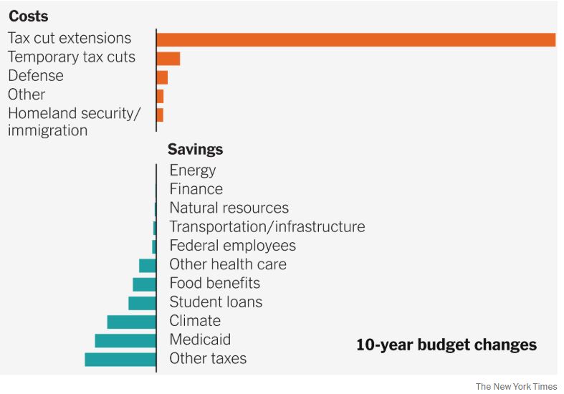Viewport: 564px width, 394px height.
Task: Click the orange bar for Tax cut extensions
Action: point(356,39)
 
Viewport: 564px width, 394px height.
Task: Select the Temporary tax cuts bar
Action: point(168,58)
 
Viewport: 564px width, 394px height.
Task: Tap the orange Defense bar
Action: point(162,77)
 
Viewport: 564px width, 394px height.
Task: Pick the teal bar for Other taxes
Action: point(120,359)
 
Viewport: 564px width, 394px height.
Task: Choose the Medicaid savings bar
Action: point(125,340)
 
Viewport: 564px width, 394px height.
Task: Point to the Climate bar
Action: point(132,322)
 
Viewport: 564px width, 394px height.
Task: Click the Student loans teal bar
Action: point(142,303)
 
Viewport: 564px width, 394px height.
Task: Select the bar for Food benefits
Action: point(144,284)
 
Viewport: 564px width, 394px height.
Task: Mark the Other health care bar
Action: point(148,266)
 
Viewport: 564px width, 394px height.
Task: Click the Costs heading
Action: point(29,16)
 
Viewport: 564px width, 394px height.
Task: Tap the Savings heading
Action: point(195,150)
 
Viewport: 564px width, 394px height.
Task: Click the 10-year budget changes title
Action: point(446,345)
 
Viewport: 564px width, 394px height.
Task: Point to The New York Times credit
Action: point(516,386)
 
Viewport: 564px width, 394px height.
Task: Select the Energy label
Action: point(193,170)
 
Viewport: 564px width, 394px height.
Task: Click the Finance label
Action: point(196,189)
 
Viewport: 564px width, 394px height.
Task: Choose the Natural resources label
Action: point(229,208)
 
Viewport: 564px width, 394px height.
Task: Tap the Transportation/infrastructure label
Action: point(267,226)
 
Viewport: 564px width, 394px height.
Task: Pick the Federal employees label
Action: point(233,246)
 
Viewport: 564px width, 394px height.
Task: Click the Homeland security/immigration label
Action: point(75,122)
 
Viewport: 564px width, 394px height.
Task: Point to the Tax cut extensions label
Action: point(70,38)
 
